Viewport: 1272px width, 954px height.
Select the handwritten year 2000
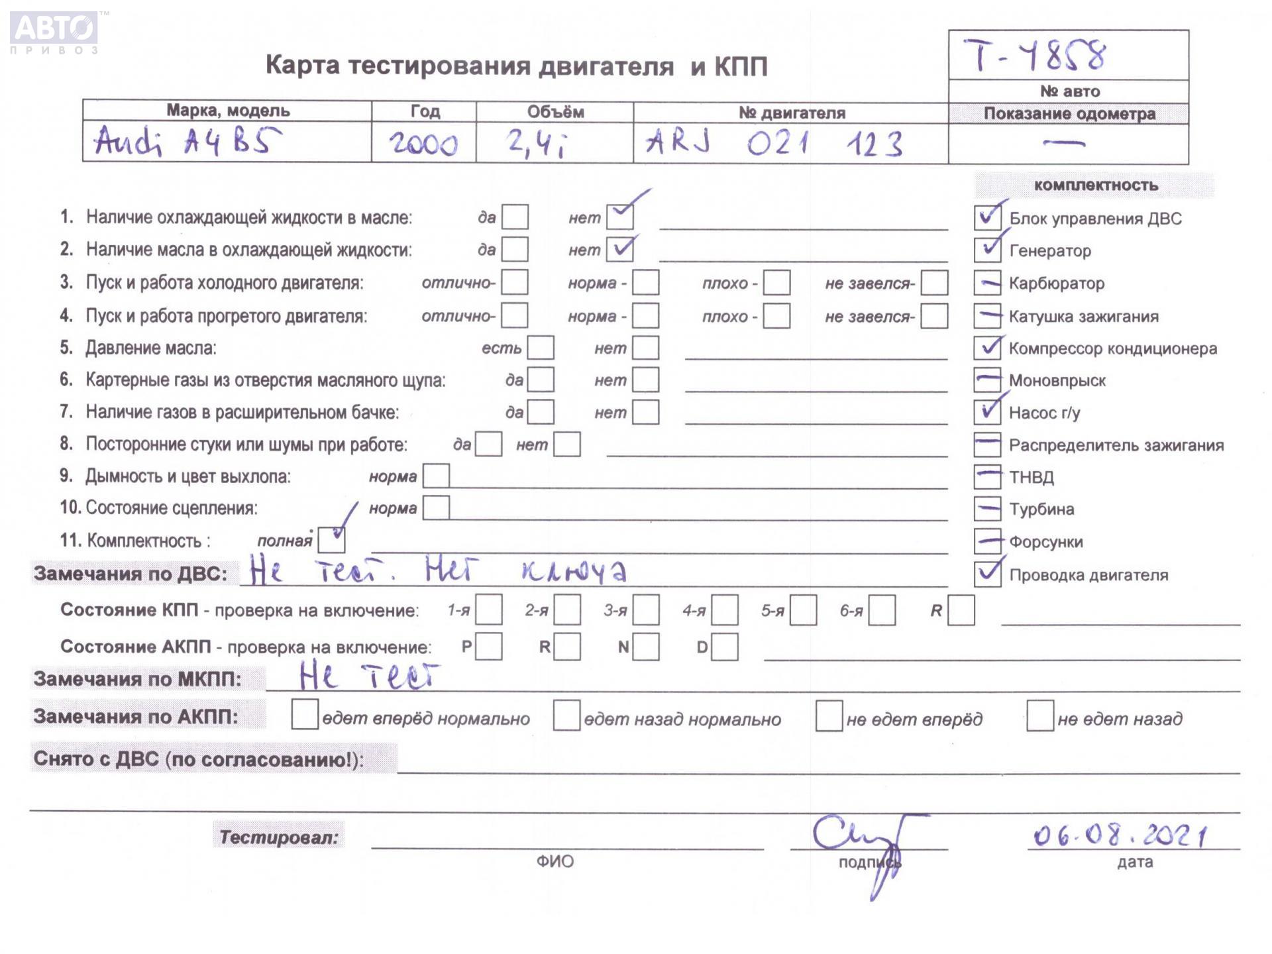pos(423,143)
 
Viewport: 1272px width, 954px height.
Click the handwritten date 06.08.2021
pos(1119,835)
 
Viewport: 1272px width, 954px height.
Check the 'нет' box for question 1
pos(620,217)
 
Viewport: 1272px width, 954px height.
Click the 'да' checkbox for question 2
pos(515,250)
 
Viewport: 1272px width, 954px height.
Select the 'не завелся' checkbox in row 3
pos(934,283)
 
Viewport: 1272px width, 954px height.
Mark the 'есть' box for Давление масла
pos(541,348)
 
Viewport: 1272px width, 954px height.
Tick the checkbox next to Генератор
pos(987,250)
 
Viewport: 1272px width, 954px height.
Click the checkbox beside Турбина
pos(987,509)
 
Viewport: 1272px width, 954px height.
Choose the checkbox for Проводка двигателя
pos(987,574)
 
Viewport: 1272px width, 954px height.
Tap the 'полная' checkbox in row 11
pos(331,540)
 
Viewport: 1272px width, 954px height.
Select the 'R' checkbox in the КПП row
pos(961,610)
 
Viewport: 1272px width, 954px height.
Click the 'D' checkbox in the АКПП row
pos(725,647)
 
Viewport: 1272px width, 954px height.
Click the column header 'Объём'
pos(555,112)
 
